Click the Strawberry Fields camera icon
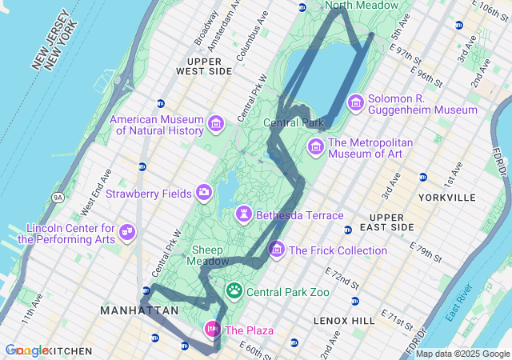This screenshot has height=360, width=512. [204, 192]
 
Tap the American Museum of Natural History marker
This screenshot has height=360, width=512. [215, 124]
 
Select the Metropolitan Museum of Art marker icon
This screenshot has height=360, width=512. [316, 147]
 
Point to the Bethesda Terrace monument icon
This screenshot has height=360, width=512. [242, 214]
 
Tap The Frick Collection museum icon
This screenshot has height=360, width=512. [277, 250]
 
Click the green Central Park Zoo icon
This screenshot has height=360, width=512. [234, 290]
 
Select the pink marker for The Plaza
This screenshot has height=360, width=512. [213, 329]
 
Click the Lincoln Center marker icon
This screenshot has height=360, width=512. [127, 232]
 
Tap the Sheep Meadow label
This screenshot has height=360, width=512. [205, 255]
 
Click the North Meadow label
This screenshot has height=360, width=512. [362, 6]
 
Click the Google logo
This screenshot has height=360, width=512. [26, 350]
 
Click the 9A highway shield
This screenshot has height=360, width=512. [57, 197]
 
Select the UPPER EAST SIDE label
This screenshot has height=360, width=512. [387, 222]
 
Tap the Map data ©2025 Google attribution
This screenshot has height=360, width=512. [462, 354]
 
